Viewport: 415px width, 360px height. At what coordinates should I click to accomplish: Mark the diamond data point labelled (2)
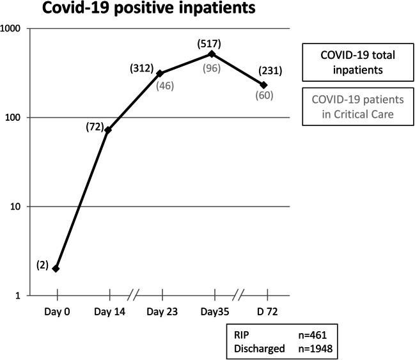[57, 269]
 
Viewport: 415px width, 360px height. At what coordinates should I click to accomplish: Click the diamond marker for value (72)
[109, 130]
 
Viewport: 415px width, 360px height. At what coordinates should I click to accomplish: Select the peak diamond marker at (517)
[212, 54]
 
